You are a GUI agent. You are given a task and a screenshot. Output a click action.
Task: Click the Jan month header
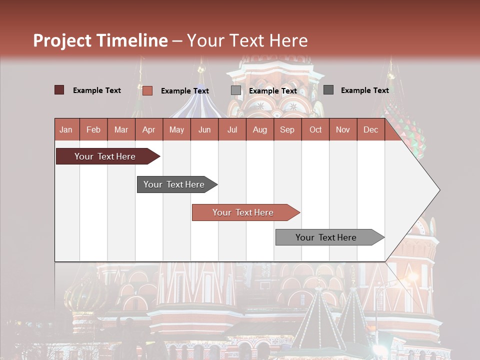[66, 129]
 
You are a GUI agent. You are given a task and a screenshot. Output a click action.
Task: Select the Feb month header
[93, 129]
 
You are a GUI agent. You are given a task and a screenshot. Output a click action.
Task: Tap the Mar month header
[121, 129]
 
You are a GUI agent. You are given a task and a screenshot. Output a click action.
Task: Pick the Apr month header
[149, 129]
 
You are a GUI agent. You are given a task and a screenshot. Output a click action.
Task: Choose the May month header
[176, 129]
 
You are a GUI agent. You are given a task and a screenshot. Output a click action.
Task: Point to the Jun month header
[204, 129]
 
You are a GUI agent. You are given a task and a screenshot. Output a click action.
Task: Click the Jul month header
[232, 129]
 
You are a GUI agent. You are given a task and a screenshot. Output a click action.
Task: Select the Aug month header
[260, 129]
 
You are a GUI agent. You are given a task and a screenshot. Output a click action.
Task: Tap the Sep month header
[287, 129]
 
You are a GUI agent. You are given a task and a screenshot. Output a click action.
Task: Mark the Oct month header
[315, 129]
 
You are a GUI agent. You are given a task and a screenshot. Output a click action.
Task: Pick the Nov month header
[343, 129]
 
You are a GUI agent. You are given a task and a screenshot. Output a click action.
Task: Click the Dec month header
[371, 129]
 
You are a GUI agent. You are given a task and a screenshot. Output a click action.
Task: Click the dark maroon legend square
[59, 90]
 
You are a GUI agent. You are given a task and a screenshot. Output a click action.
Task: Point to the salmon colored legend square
[147, 90]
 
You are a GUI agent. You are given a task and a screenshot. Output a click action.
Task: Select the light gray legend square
[236, 90]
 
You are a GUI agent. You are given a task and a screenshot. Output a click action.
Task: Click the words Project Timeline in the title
[100, 40]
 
